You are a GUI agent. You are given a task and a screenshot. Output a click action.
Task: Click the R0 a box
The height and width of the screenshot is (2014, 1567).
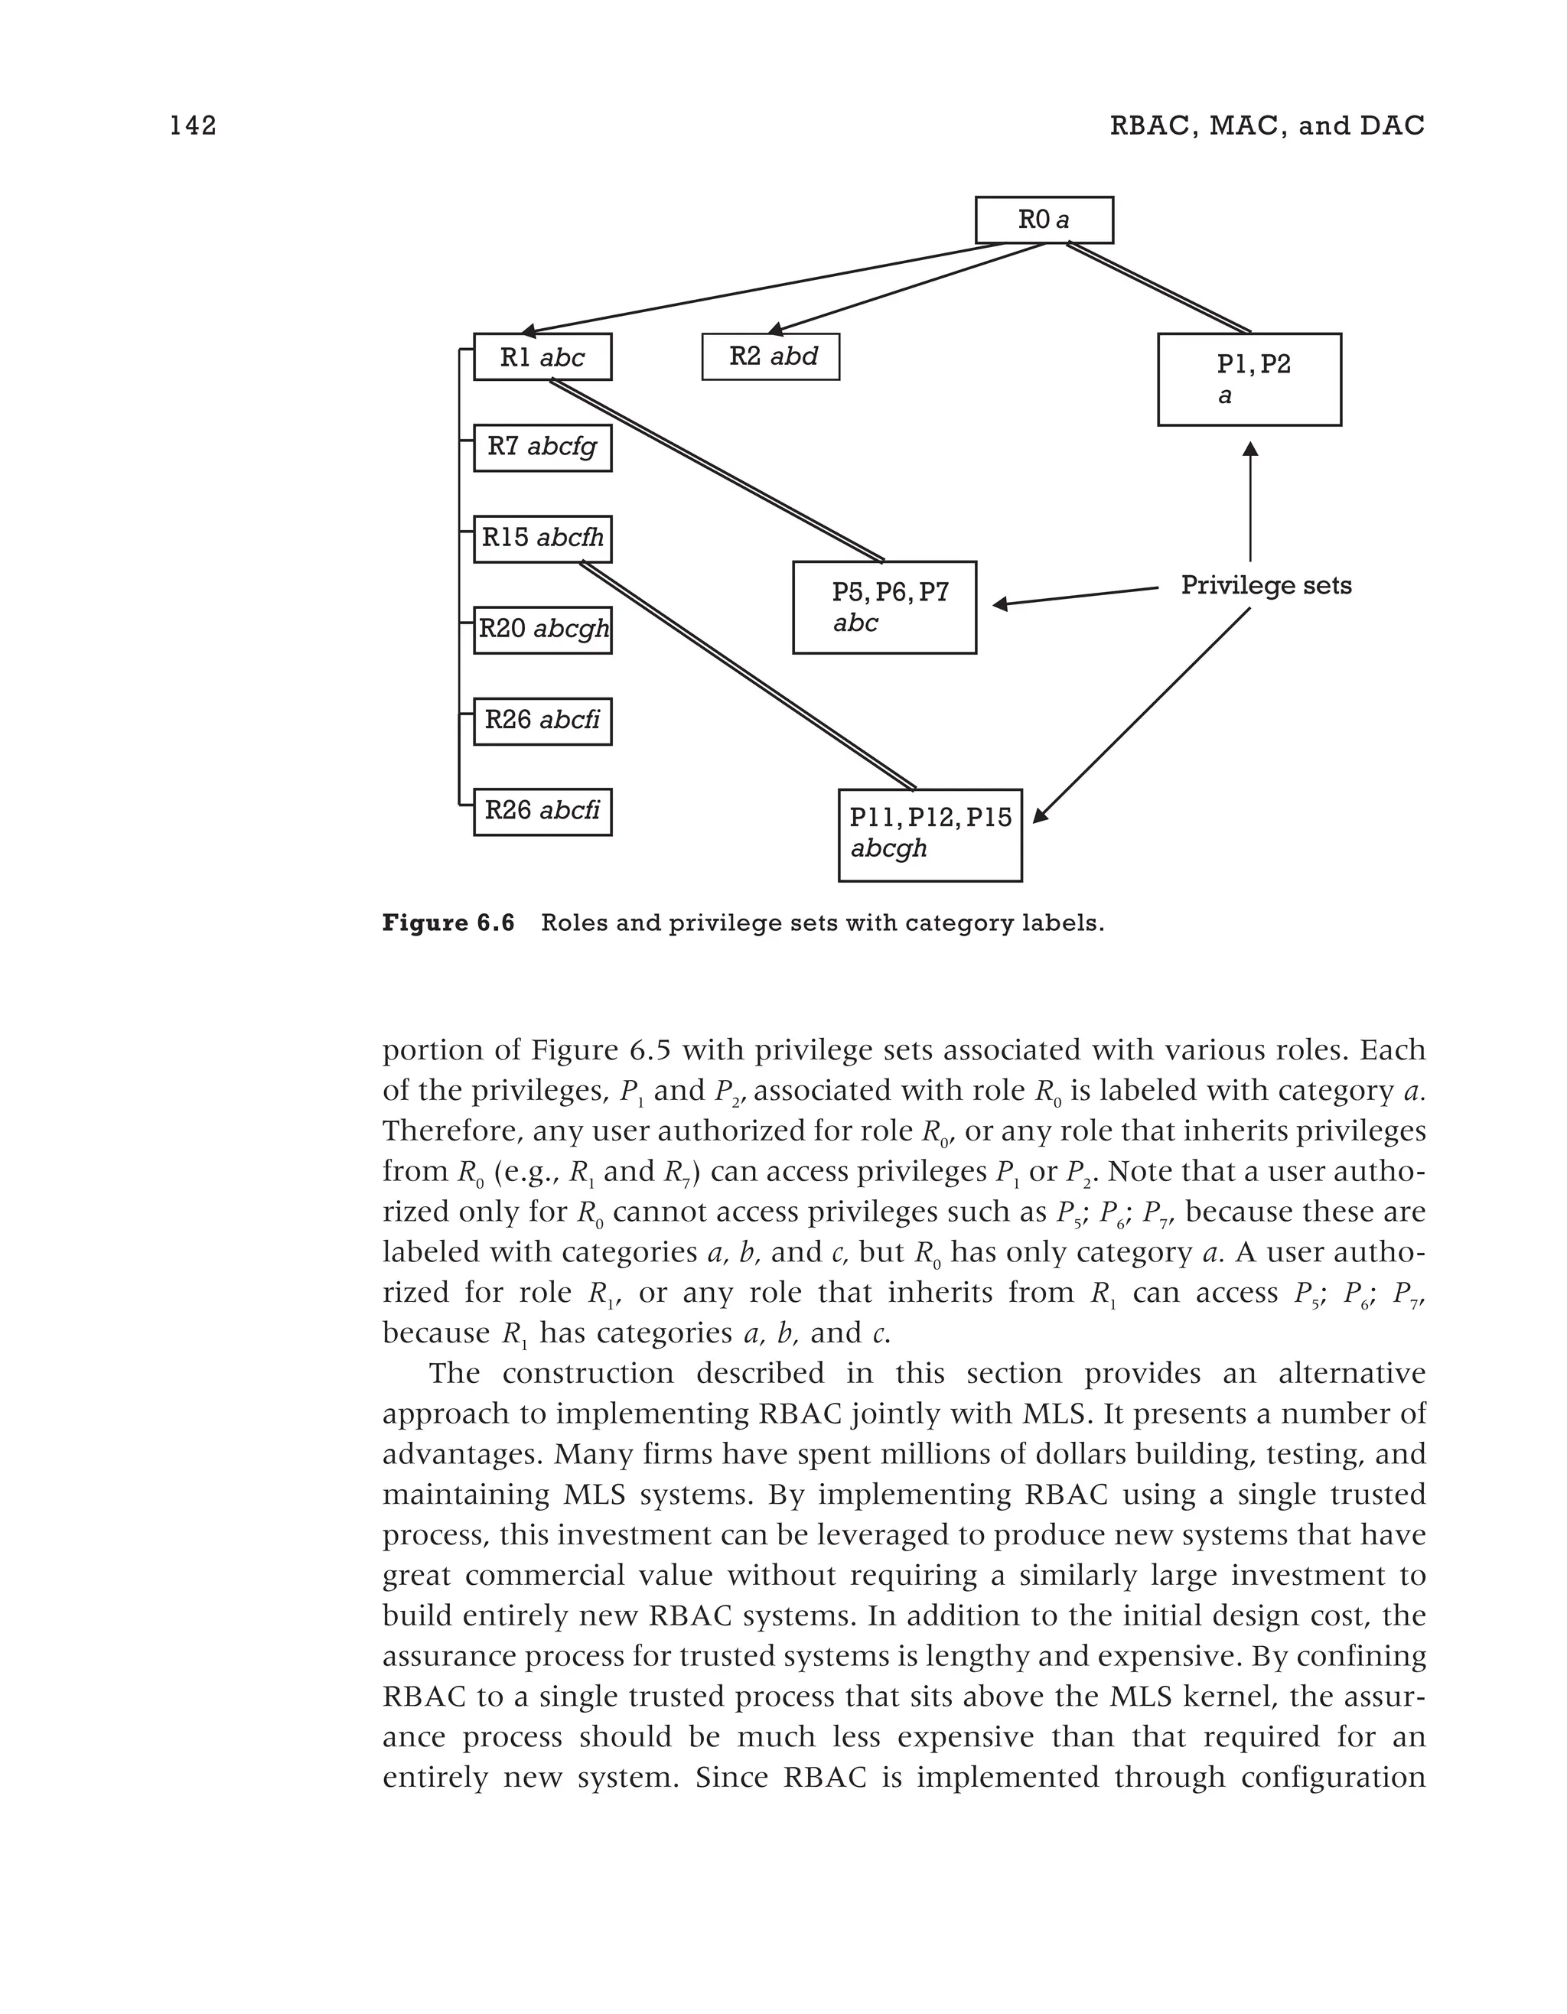tap(1044, 220)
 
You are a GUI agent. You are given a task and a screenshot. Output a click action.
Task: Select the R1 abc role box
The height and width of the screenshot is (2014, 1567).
tap(542, 357)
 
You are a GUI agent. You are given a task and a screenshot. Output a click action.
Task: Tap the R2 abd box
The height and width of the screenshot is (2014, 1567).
tap(770, 357)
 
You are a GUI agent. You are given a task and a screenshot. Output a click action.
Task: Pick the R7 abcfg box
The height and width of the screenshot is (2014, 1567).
tap(542, 447)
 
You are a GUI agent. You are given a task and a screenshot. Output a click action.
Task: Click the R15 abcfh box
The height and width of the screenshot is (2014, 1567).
tap(542, 538)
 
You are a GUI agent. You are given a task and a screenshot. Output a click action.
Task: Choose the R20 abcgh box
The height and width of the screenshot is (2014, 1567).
tap(542, 630)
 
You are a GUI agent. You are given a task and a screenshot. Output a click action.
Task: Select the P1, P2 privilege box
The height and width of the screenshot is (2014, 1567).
tap(1249, 379)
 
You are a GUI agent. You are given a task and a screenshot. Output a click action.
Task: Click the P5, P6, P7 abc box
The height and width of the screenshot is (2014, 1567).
tap(884, 607)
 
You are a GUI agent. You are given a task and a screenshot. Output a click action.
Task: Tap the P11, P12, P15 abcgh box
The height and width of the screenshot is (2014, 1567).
tap(930, 835)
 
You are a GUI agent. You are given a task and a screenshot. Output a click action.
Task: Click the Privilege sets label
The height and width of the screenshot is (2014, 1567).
tap(1266, 586)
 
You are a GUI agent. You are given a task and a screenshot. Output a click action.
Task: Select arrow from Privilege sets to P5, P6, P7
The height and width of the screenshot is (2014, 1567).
tap(1074, 596)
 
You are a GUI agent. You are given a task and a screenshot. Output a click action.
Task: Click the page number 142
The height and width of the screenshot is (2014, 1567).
tap(193, 125)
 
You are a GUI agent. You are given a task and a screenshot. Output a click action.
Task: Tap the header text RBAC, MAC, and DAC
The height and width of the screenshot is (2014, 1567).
tap(1266, 125)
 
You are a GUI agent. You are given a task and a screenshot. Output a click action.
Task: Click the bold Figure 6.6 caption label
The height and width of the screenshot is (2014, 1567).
tap(448, 923)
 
